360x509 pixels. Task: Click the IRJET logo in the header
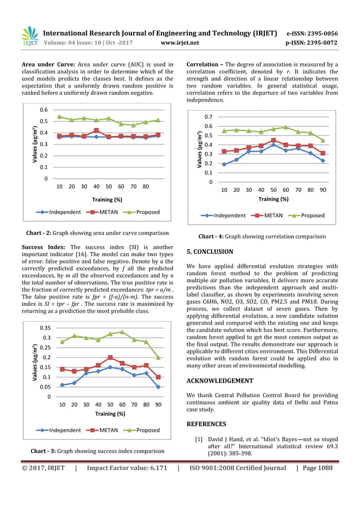pos(29,36)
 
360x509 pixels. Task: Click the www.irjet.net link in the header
pos(179,42)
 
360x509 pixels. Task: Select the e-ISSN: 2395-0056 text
pos(312,33)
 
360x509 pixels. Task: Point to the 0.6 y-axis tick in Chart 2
pos(43,110)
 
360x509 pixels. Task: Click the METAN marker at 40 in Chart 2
pos(96,130)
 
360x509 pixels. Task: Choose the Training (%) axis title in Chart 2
pos(107,199)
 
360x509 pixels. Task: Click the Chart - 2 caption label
pos(41,233)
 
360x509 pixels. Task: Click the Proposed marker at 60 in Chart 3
pos(122,332)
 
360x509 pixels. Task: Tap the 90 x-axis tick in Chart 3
pos(158,405)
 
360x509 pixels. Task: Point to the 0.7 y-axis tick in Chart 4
pos(208,117)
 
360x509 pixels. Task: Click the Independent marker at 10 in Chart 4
pos(224,164)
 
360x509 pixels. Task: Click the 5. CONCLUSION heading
pos(209,252)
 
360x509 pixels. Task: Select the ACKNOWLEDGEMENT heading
pos(219,380)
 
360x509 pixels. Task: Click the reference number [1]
pos(199,438)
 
